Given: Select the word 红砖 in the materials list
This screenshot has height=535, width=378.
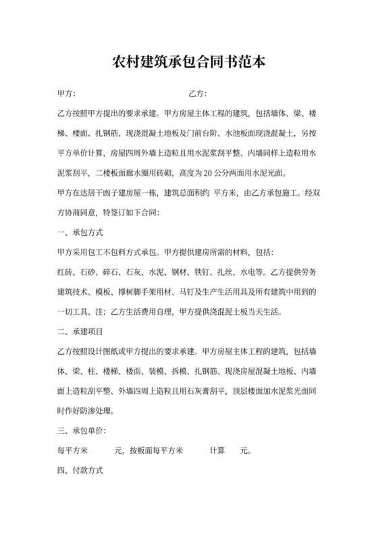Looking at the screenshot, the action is pos(67,273).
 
